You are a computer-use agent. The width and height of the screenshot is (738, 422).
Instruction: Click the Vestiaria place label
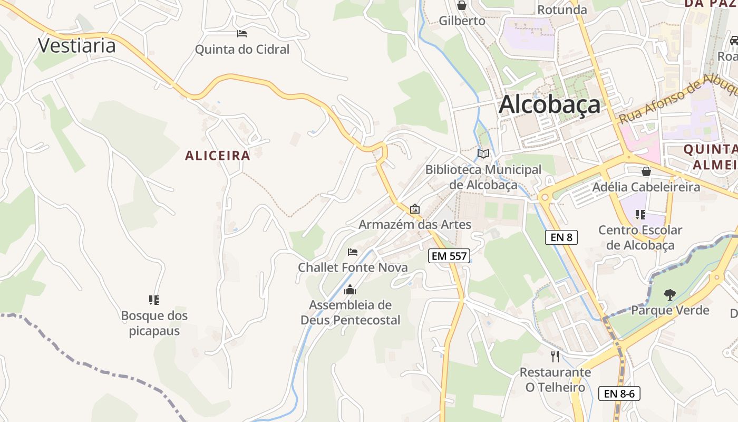tap(77, 45)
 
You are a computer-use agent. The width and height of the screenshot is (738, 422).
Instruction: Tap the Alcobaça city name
tap(549, 104)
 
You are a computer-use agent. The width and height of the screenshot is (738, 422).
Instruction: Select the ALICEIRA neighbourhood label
tap(218, 156)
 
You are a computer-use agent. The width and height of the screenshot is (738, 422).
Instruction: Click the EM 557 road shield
tap(449, 256)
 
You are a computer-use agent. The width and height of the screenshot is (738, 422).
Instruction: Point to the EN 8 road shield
tap(561, 237)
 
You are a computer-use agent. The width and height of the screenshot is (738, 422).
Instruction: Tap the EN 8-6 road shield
tap(619, 393)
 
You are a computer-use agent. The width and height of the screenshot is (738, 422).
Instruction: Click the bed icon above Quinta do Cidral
tap(242, 34)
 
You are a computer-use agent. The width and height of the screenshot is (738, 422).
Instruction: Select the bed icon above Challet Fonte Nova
tap(353, 252)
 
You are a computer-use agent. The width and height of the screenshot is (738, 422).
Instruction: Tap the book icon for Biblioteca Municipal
tap(483, 154)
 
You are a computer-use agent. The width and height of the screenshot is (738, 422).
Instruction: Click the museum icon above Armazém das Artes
tap(415, 209)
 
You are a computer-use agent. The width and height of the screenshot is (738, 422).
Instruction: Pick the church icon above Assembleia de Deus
tap(350, 290)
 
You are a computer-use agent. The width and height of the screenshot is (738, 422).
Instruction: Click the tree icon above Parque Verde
tap(670, 294)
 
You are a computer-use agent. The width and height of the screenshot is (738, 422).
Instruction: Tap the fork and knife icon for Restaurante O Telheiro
tap(555, 357)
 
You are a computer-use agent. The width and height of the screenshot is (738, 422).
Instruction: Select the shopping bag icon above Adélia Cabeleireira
tap(646, 171)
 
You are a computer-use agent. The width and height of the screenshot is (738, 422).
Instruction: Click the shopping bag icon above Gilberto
tap(462, 6)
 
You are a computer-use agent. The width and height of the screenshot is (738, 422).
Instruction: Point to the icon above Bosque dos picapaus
tap(154, 300)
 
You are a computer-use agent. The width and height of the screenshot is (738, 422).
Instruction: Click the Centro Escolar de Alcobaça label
tap(640, 237)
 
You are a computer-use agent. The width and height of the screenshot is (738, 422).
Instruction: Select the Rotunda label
tap(562, 9)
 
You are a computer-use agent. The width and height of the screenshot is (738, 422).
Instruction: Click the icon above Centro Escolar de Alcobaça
tap(640, 215)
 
